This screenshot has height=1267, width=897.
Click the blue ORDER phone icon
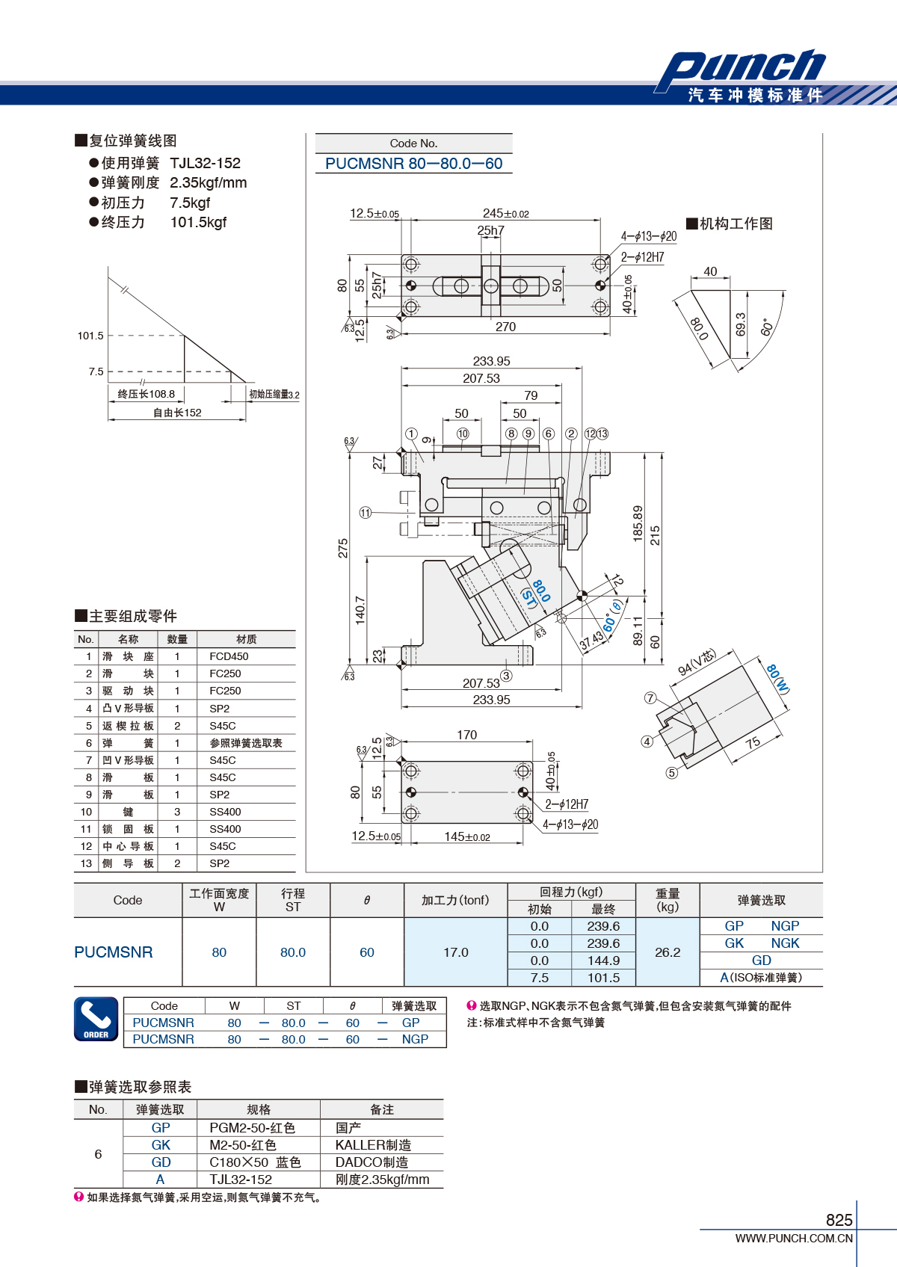point(96,1019)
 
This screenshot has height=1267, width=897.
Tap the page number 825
point(839,1220)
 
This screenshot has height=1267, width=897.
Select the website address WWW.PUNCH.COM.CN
point(794,1238)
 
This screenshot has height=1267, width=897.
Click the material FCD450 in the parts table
point(229,656)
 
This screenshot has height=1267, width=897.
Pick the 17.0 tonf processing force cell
point(456,952)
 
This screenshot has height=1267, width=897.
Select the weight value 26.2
point(668,952)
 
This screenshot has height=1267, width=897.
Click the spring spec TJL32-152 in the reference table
point(241,1180)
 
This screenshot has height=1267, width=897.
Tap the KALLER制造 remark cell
point(373,1145)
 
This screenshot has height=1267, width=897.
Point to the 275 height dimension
point(343,548)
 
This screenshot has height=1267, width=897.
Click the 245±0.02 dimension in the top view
point(505,213)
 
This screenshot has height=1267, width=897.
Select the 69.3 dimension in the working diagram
point(740,324)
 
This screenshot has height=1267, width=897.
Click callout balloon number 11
point(366,513)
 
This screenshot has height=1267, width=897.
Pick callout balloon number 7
point(650,698)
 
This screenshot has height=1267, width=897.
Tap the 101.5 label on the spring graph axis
point(90,336)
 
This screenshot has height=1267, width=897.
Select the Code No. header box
point(413,143)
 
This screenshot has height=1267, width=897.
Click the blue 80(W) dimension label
point(777,679)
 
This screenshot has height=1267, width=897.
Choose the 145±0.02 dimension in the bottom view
point(467,836)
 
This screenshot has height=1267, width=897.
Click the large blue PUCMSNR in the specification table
point(113,952)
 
